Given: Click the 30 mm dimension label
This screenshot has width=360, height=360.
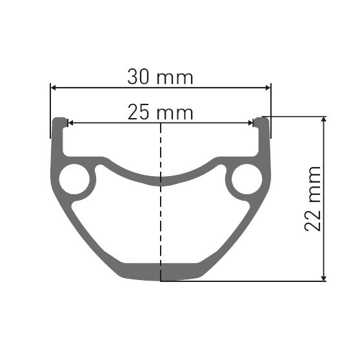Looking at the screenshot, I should click(161, 77).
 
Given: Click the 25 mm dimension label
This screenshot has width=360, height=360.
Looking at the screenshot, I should click(161, 113).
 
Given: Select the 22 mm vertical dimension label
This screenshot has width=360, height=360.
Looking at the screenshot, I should click(314, 199).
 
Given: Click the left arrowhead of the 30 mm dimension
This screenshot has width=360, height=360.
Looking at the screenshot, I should click(54, 87).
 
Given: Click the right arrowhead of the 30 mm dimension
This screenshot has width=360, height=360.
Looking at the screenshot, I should click(268, 87).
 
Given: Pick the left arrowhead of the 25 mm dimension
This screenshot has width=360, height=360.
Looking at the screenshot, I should click(71, 123).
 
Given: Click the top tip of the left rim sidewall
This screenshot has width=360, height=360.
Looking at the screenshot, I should click(59, 120).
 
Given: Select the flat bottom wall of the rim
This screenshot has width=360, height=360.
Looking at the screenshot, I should click(160, 272).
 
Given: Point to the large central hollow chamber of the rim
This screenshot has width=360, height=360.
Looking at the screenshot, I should click(160, 223).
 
